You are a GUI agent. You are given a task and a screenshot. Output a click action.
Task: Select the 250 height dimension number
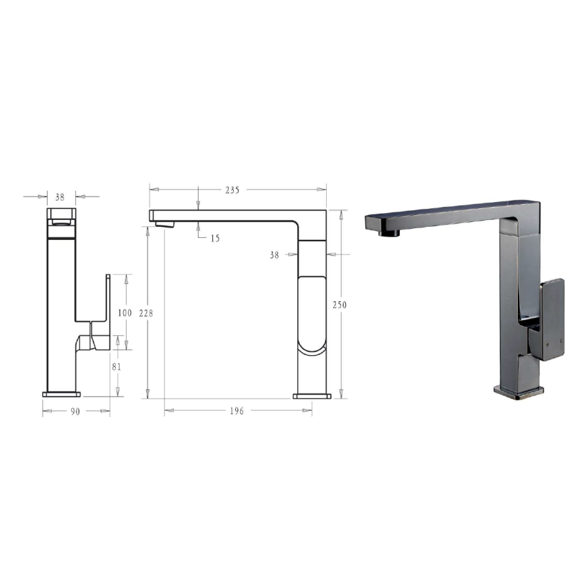pos(339,305)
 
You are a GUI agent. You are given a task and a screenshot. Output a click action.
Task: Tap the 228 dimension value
pos(146,313)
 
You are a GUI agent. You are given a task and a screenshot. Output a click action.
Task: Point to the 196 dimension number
pos(236,411)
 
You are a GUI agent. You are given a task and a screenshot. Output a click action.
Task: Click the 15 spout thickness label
pos(214,238)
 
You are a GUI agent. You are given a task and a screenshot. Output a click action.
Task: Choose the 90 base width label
pos(75,412)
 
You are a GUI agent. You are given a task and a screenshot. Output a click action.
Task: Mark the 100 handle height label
pos(125,312)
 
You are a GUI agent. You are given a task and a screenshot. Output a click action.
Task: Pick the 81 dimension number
pos(116,367)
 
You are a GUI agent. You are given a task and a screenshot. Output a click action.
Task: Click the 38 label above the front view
pos(60,197)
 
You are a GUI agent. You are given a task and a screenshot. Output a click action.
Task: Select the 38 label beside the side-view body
pos(274,255)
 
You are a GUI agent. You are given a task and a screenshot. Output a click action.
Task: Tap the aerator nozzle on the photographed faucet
pos(390,233)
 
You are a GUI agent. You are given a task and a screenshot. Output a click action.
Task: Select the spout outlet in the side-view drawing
pos(165,223)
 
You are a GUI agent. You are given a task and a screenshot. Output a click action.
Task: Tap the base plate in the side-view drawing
pos(312,396)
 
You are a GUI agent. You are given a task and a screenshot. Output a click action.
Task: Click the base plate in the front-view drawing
pos(62,394)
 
